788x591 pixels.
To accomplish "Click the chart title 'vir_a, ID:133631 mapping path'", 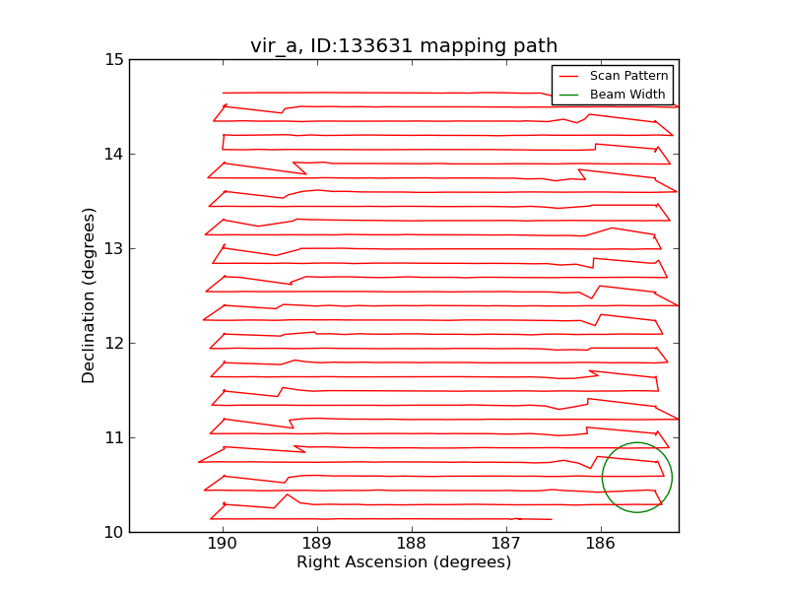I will point(404,46).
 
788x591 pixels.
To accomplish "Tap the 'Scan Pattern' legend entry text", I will point(629,76).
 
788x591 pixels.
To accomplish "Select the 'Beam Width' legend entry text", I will point(627,95).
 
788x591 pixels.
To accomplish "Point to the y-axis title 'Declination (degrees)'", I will point(90,295).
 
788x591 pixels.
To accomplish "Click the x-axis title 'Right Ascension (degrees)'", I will point(404,562).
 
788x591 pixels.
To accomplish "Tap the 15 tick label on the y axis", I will point(113,59).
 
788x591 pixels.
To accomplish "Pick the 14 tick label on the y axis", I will point(113,154).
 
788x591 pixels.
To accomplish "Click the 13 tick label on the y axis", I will point(113,248).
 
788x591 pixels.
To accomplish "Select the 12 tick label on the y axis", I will point(113,343).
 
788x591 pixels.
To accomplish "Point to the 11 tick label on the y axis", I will point(113,437).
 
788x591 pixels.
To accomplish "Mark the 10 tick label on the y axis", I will point(113,532).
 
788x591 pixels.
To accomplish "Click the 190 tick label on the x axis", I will point(223,545).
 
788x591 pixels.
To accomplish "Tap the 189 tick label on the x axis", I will point(317,545).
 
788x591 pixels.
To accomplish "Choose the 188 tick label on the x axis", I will point(412,545).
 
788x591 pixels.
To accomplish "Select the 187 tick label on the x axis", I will point(506,545).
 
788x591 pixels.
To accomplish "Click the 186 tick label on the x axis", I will point(601,545).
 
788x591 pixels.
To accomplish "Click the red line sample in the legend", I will point(569,76).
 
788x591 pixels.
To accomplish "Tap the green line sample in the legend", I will point(569,95).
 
